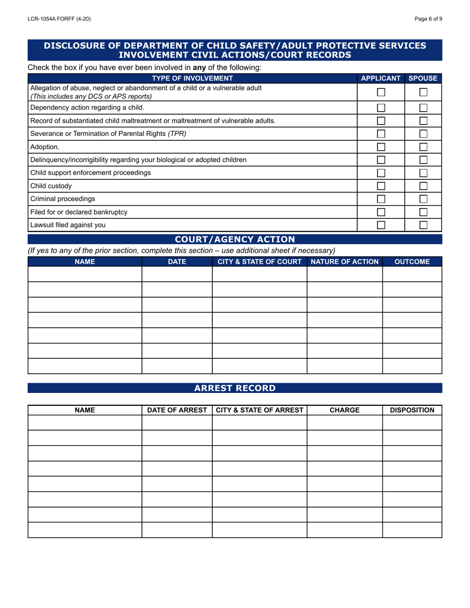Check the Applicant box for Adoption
(381, 147)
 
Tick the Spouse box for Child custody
(423, 186)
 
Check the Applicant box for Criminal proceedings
(381, 199)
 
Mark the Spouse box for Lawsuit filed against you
(423, 225)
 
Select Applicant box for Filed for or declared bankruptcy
(381, 212)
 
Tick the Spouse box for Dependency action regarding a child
(423, 108)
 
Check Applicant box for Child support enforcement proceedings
(381, 173)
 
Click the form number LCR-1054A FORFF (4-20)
(59, 19)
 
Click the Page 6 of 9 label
(428, 19)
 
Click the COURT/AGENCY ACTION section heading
(235, 240)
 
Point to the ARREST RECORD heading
(235, 388)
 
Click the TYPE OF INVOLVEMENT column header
(192, 78)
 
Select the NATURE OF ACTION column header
(345, 261)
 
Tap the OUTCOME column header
(412, 261)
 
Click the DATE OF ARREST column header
(177, 410)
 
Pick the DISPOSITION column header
(412, 410)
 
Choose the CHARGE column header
(345, 410)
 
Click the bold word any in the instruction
(199, 68)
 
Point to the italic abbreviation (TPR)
(177, 133)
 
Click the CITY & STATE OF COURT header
(260, 261)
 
